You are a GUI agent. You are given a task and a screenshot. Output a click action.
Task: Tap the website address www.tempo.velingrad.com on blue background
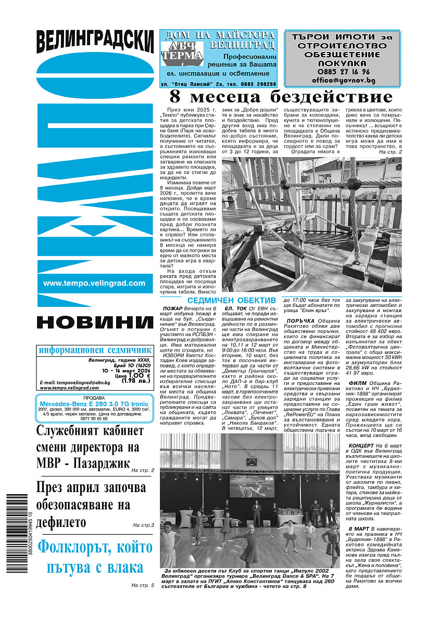[x=94, y=283]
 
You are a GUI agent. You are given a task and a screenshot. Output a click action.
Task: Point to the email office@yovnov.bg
[x=342, y=81]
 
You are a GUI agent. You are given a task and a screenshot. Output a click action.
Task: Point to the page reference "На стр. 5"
[x=143, y=586]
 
